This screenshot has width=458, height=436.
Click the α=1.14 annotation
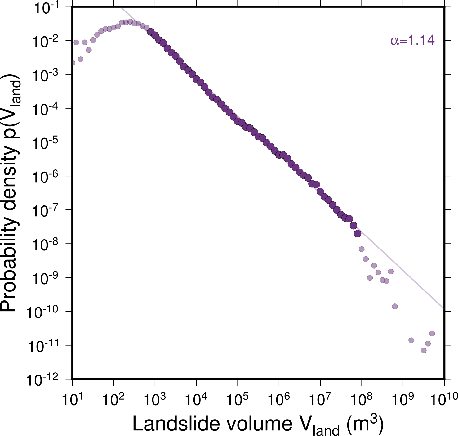tap(412, 41)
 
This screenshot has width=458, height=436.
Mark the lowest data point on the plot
tap(424, 350)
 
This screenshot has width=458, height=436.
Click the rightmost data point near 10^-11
tap(432, 334)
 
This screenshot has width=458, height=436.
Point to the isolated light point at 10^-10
tap(395, 306)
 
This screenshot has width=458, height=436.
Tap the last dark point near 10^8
tap(358, 234)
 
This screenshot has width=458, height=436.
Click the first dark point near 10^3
tap(151, 32)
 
